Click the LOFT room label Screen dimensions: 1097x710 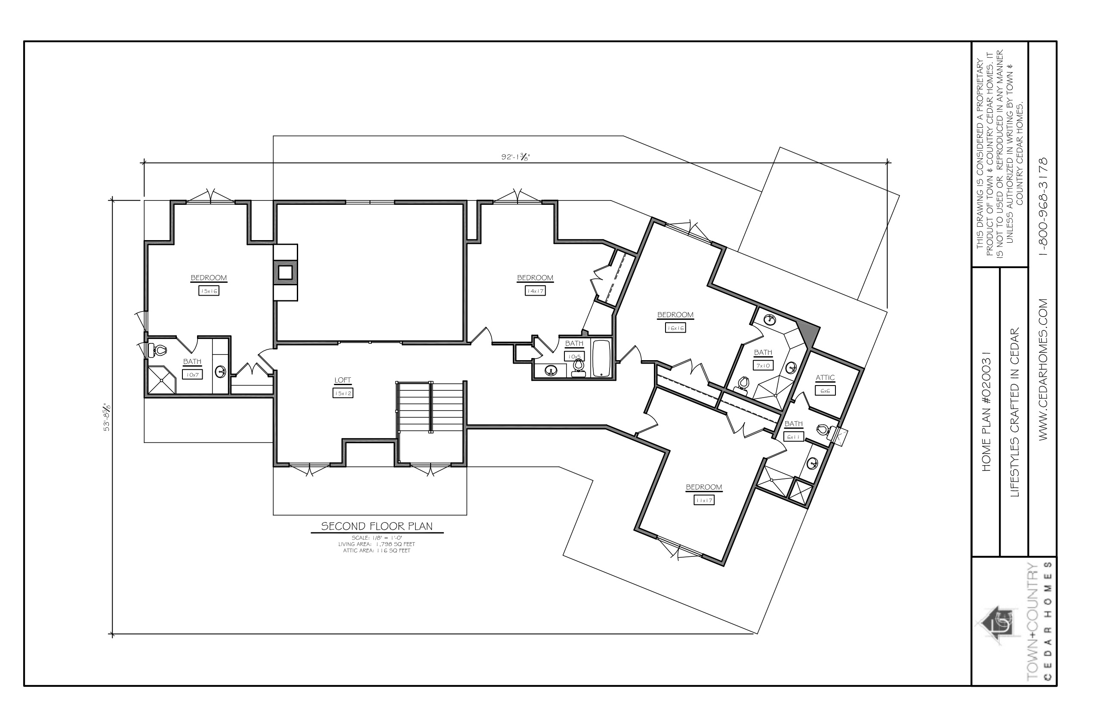[x=342, y=380]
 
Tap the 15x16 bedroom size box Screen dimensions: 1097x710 [x=208, y=291]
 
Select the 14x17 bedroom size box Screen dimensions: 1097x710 [x=535, y=291]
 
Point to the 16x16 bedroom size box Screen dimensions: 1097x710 [x=675, y=328]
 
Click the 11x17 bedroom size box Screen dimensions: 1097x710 [x=704, y=500]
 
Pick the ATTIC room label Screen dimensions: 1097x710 [x=825, y=378]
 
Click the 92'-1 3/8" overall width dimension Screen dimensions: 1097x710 [x=516, y=157]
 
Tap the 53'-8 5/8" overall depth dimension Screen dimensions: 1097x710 [x=107, y=417]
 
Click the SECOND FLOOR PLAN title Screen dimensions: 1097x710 [x=376, y=526]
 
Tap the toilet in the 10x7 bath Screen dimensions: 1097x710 [x=157, y=351]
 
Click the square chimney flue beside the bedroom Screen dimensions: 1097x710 [x=285, y=272]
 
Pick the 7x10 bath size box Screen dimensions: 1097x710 [x=763, y=366]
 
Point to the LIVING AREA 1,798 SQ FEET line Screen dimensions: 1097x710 [x=376, y=544]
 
